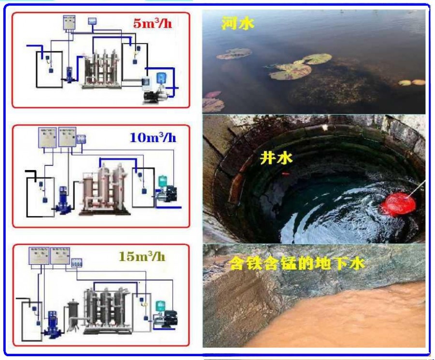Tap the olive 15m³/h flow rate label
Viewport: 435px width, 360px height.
pos(142,256)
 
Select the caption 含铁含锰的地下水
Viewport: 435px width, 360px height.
pos(297,264)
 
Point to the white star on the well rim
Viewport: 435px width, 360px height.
pos(325,127)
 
